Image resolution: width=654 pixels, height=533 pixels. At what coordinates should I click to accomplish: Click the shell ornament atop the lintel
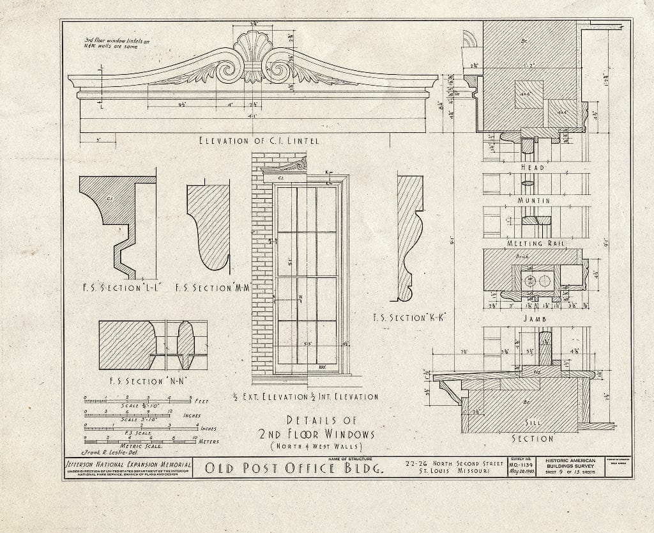tap(254, 48)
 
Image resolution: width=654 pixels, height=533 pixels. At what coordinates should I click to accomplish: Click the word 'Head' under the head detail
tap(532, 167)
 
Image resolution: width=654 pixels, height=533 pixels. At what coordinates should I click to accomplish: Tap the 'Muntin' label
tap(532, 200)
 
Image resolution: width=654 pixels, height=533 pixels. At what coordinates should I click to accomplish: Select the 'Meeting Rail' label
tap(532, 243)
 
